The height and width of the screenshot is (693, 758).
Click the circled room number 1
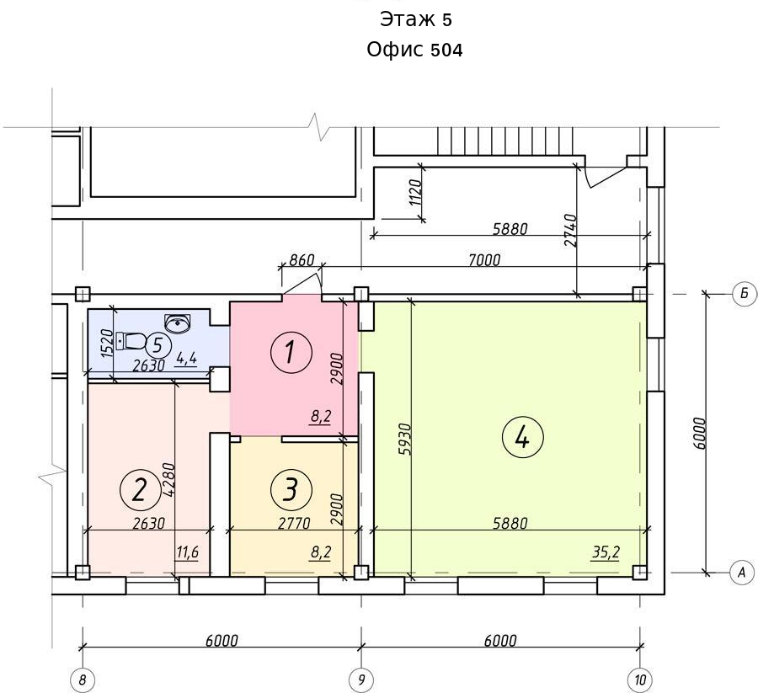pyautogui.click(x=291, y=352)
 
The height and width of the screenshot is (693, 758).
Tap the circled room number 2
pyautogui.click(x=140, y=491)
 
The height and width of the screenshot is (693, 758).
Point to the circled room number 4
pyautogui.click(x=523, y=438)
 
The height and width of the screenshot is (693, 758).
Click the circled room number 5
pyautogui.click(x=157, y=345)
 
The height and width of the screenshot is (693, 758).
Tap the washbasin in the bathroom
pyautogui.click(x=178, y=323)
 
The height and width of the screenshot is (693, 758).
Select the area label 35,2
pyautogui.click(x=606, y=552)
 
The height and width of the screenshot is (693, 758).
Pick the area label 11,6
pyautogui.click(x=188, y=552)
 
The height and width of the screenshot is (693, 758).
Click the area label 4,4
pyautogui.click(x=186, y=359)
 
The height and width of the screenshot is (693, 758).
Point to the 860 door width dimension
pyautogui.click(x=302, y=260)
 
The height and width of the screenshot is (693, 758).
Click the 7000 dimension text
pyautogui.click(x=484, y=260)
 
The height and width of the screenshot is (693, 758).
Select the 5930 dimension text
pyautogui.click(x=405, y=440)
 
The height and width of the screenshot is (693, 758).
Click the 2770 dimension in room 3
pyautogui.click(x=294, y=523)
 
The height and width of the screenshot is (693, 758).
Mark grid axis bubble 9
pyautogui.click(x=361, y=680)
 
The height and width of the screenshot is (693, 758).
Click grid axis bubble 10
pyautogui.click(x=640, y=680)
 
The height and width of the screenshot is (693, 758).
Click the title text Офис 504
pyautogui.click(x=414, y=50)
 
